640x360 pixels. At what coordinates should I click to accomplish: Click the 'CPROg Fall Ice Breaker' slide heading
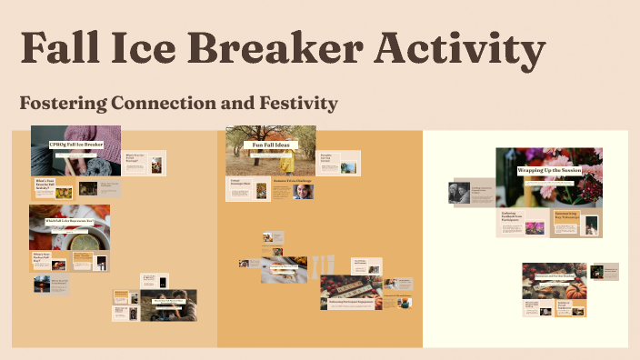(75, 145)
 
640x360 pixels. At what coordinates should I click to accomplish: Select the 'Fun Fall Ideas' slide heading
(270, 145)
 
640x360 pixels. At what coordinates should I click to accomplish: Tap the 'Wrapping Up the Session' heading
(549, 170)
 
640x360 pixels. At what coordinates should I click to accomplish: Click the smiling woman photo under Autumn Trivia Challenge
(303, 193)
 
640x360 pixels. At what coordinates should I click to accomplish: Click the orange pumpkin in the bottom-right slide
(575, 291)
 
